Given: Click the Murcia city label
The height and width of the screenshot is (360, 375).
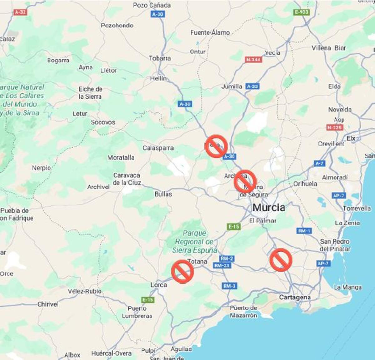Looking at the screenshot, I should (268, 208).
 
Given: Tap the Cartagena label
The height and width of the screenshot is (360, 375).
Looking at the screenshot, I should (295, 297).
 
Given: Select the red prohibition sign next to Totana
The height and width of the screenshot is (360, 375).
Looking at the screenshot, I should (182, 271).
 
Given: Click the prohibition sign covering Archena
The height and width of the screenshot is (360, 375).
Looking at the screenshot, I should (245, 181).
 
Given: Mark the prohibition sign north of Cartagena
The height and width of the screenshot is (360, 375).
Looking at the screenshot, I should (281, 260).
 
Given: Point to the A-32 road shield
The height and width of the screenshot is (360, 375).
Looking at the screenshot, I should (20, 12).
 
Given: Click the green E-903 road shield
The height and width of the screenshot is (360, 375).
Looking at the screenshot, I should (301, 12).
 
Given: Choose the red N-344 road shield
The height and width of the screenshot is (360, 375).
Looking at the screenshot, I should (253, 60).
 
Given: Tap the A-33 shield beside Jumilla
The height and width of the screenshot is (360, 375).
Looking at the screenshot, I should (252, 86).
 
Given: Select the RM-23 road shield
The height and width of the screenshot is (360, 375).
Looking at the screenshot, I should (222, 266).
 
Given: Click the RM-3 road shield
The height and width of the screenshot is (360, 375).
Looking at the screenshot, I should (229, 286).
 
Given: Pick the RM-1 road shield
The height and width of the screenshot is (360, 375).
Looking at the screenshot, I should (304, 231).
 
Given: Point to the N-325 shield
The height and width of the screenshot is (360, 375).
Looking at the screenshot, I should (335, 127).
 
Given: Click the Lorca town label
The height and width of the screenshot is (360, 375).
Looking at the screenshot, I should (159, 285).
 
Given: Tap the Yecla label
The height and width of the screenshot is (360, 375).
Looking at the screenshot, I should (272, 53).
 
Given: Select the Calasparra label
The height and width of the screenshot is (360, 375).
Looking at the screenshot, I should (158, 148).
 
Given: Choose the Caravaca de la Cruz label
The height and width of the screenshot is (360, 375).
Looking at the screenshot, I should (127, 179).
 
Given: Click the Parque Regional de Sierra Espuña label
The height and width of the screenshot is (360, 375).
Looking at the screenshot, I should (194, 242).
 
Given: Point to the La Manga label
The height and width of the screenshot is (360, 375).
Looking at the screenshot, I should (347, 287).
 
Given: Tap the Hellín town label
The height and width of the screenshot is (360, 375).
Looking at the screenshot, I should (158, 78).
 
